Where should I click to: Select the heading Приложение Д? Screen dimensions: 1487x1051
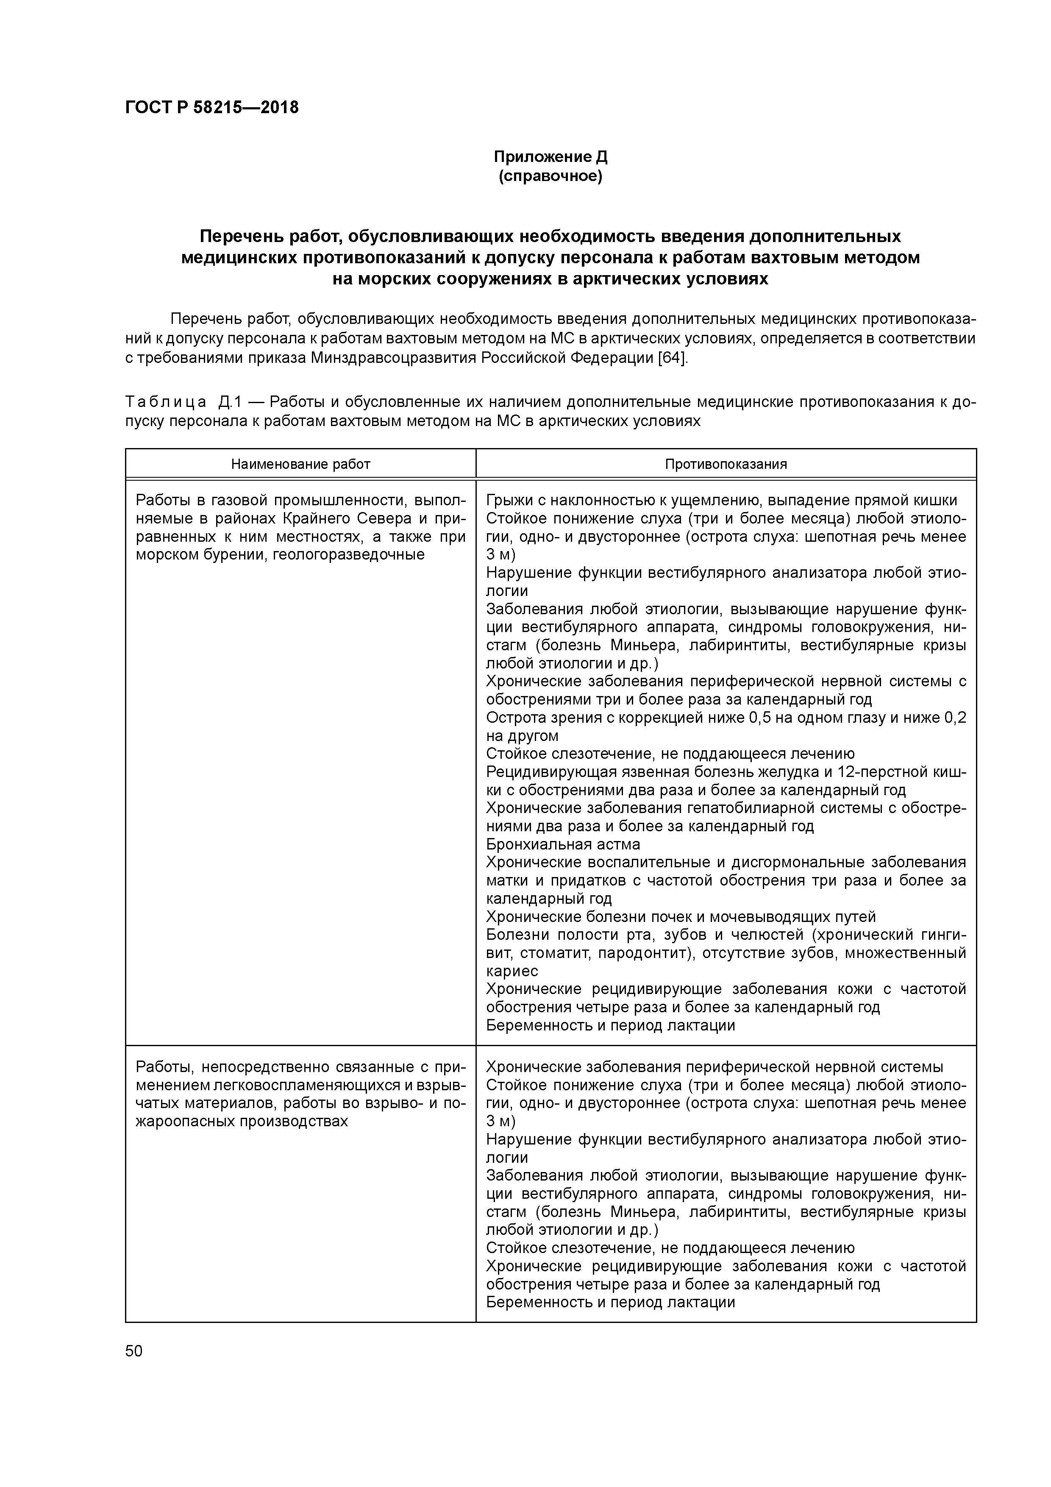551,157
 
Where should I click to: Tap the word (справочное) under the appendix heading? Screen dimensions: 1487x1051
551,176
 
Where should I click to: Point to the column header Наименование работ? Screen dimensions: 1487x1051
300,464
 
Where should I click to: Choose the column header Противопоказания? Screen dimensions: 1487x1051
726,464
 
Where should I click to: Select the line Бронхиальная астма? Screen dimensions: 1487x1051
563,844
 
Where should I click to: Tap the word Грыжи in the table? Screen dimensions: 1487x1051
509,500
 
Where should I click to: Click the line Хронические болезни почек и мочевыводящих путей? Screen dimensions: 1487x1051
681,916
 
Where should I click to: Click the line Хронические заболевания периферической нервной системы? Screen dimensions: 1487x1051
714,1066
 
